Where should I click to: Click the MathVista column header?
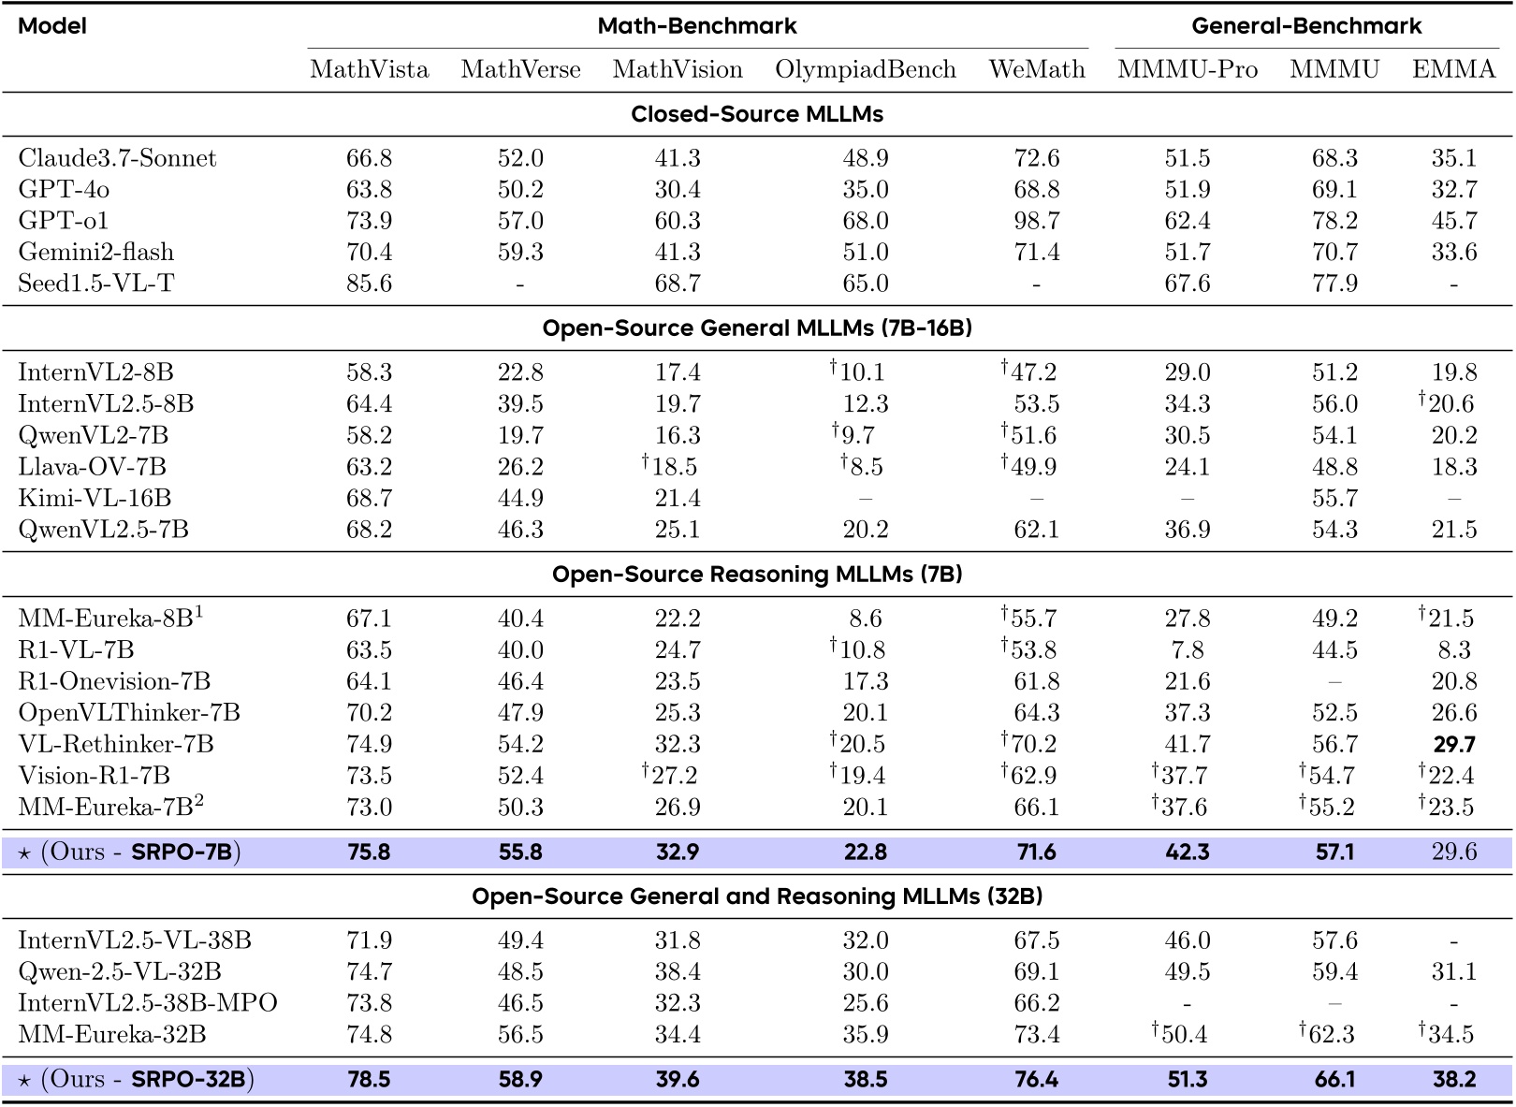[369, 69]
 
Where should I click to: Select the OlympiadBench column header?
[865, 69]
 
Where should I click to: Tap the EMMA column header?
[1453, 69]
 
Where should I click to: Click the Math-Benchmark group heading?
[697, 25]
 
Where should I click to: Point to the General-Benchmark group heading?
[1306, 25]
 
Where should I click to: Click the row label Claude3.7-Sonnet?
[117, 158]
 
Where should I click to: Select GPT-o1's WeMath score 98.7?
[1036, 221]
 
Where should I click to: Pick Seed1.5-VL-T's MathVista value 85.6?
[369, 284]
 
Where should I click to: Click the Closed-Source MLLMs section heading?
[757, 114]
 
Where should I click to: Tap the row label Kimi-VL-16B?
[95, 498]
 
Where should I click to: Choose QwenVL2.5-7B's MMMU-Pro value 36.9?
[1187, 530]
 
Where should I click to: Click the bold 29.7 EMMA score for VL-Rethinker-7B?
[1453, 744]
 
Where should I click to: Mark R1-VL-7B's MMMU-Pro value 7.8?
[1187, 650]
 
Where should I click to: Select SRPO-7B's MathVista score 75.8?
[369, 852]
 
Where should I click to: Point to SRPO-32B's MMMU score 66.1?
[1334, 1080]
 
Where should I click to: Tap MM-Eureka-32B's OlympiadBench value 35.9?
[865, 1035]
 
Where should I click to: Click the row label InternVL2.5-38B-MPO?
[148, 1003]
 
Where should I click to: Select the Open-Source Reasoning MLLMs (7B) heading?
[757, 575]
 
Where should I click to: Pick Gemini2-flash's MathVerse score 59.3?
[520, 253]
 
